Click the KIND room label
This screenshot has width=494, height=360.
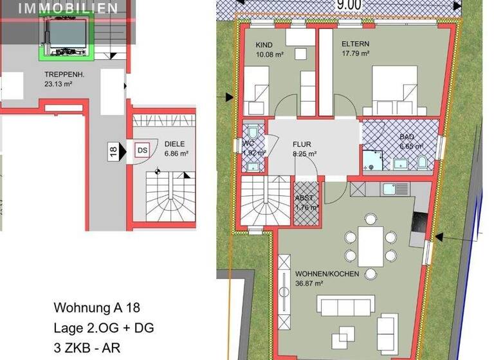coord(264,45)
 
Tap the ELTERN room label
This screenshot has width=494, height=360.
coord(356,44)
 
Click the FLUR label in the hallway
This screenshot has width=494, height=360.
coord(302,144)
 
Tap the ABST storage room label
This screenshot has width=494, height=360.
coord(305,198)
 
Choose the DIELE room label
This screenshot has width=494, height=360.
coord(176,145)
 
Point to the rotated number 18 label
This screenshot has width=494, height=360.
coord(113,152)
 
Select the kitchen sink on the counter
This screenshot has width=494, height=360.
coord(389,188)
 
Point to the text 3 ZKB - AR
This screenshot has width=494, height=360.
coord(87,348)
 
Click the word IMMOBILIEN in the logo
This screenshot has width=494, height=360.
coord(68,9)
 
